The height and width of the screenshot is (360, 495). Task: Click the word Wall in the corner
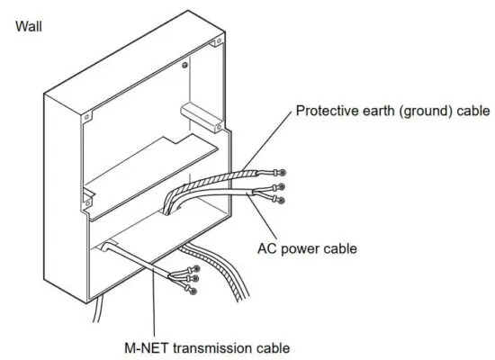[x=28, y=27]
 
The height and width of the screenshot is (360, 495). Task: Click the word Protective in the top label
[x=326, y=112]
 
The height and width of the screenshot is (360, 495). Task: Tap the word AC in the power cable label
[x=266, y=246]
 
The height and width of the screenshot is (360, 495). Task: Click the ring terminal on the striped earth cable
[x=283, y=171]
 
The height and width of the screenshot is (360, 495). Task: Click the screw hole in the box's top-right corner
[x=215, y=43]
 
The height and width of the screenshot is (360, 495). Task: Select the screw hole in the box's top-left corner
[x=87, y=115]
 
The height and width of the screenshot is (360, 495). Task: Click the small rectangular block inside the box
[x=199, y=112]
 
